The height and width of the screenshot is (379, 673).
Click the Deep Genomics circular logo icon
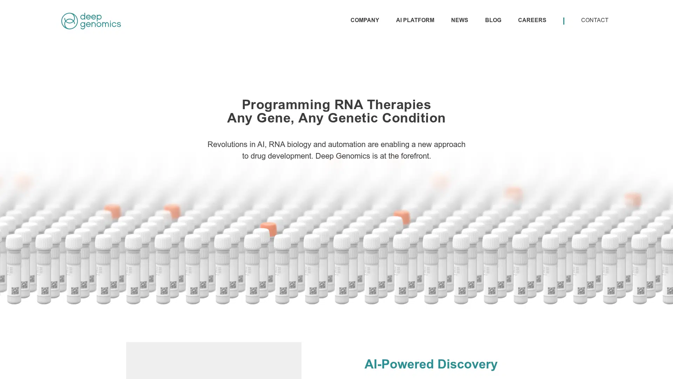[69, 21]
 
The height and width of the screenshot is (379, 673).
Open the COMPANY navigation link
[365, 20]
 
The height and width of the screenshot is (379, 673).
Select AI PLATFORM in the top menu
[415, 20]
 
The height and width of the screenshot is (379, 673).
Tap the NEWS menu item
[460, 20]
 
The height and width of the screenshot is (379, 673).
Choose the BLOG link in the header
[493, 20]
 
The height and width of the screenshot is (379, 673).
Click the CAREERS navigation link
[532, 20]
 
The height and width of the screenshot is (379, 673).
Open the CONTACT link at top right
[594, 20]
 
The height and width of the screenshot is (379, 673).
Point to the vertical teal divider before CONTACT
[564, 21]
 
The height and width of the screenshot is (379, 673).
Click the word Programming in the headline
[286, 105]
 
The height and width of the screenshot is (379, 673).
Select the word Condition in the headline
[414, 118]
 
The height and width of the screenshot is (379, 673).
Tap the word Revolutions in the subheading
[227, 145]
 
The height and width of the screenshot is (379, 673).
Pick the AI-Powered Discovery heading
[431, 364]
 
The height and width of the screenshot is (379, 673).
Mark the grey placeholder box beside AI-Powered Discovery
[214, 360]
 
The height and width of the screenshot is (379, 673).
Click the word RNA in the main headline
[348, 105]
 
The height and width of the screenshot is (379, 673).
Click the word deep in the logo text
[91, 17]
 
